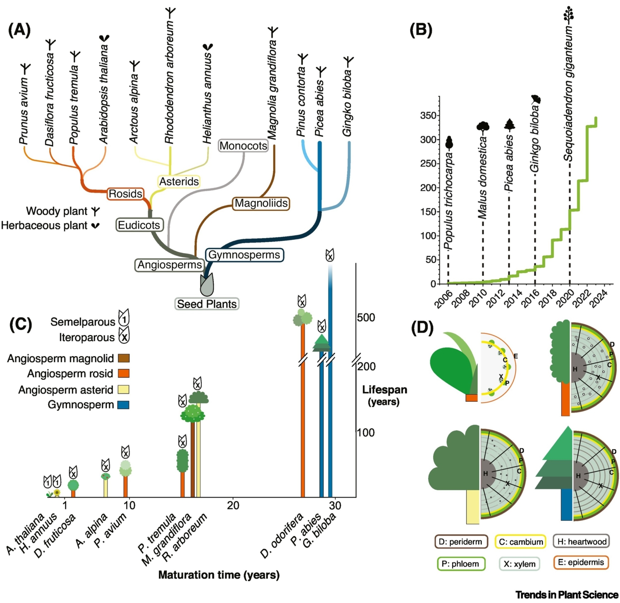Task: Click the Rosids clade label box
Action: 125,194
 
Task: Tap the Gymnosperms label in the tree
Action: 244,255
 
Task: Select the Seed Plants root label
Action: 207,304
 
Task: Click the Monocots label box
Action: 243,146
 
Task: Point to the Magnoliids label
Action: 261,203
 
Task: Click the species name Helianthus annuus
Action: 207,99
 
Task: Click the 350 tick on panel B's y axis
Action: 428,115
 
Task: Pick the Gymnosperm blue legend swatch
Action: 124,405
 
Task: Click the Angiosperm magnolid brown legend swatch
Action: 124,358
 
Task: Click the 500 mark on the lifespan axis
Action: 366,317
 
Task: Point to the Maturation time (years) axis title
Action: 219,575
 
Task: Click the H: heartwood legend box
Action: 581,541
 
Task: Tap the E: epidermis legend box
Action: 580,562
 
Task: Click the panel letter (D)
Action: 422,327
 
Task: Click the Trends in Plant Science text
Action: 567,595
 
